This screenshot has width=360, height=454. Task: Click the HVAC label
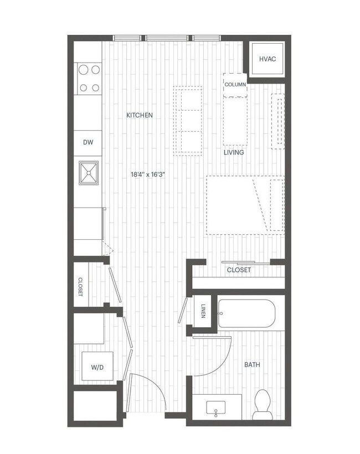(268, 59)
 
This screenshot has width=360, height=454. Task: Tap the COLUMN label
(235, 85)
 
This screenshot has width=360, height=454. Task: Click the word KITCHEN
(140, 115)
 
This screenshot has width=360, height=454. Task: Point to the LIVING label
(234, 152)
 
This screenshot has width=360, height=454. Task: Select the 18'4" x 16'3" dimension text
(148, 174)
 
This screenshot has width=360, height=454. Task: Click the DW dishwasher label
(88, 142)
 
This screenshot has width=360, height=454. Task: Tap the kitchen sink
(89, 172)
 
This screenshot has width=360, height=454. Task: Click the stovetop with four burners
(89, 79)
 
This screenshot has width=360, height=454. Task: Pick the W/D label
(97, 367)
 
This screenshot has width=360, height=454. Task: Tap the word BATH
(253, 365)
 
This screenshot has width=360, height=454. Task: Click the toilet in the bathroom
(261, 405)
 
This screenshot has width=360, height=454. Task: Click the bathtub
(246, 314)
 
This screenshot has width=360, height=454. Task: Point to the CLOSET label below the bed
(239, 270)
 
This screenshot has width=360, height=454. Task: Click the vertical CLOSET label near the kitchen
(81, 287)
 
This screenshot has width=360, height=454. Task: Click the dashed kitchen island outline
(187, 120)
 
